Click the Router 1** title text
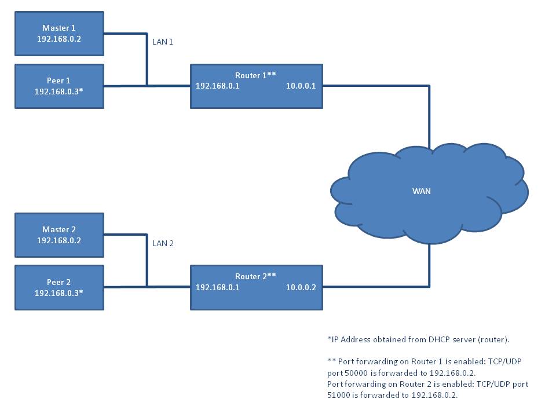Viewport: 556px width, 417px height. point(255,75)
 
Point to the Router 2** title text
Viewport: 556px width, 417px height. point(255,276)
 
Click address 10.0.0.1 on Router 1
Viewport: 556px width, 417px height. point(301,86)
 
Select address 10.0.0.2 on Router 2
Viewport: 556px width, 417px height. point(301,287)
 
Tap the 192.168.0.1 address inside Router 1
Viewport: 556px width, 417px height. point(217,86)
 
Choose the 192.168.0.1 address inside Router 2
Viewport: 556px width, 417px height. point(217,287)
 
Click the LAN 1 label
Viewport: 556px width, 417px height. point(163,42)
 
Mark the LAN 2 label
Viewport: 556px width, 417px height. point(163,243)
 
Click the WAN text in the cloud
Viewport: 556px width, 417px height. point(421,191)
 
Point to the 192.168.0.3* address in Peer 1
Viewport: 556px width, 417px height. point(59,92)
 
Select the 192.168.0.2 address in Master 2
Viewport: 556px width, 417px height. point(59,240)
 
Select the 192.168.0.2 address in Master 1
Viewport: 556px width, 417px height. point(59,39)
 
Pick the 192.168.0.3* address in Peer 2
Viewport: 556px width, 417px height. point(59,292)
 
